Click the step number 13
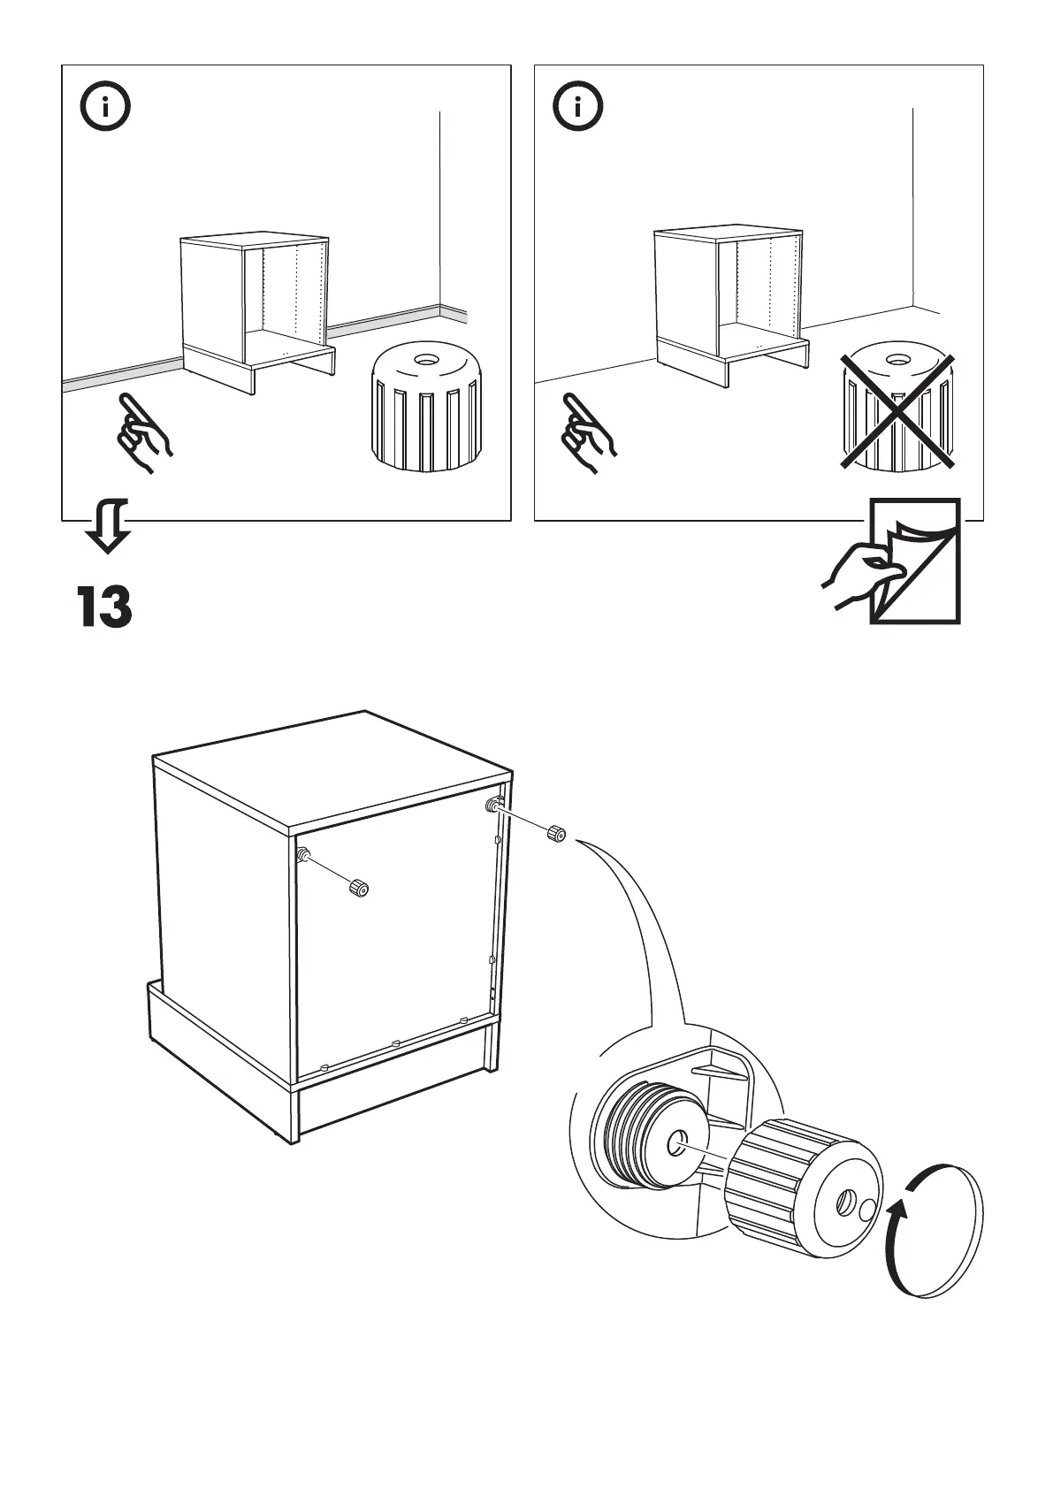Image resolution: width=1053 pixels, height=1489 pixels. click(x=104, y=607)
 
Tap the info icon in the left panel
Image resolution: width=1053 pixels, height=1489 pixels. click(x=105, y=108)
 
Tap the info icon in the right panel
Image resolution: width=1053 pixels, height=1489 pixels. click(x=578, y=108)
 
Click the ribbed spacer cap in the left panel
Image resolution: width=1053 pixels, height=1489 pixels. click(x=427, y=407)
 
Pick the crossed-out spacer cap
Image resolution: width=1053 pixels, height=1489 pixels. click(x=897, y=411)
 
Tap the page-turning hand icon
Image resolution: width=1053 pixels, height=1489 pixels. click(x=893, y=562)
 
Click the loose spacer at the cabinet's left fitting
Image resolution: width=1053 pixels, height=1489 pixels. click(x=358, y=887)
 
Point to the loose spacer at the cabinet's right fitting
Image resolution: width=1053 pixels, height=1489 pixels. click(x=555, y=833)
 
